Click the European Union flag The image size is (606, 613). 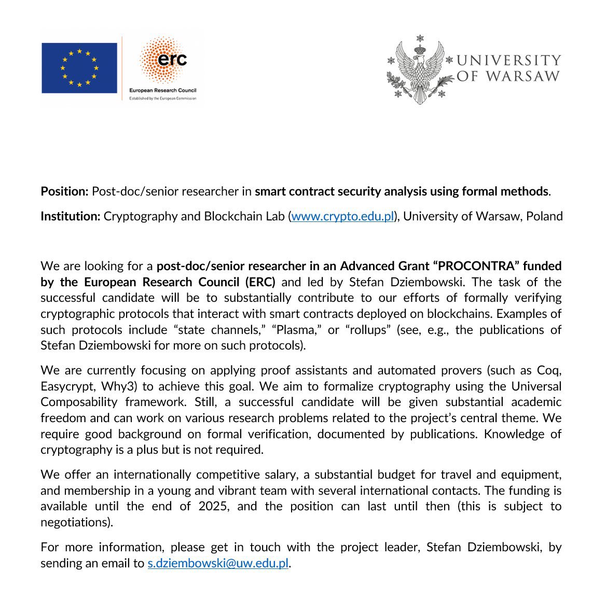pos(79,68)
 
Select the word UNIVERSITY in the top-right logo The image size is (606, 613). pos(508,61)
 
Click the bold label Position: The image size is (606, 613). pos(65,191)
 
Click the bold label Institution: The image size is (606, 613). pos(71,216)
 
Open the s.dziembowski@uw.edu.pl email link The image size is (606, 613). pos(218,563)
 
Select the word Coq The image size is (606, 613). pos(549,370)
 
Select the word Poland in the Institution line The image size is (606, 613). pos(544,216)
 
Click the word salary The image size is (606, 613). pos(291,475)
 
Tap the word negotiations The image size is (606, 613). pos(75,522)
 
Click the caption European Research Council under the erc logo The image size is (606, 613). pos(162,91)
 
